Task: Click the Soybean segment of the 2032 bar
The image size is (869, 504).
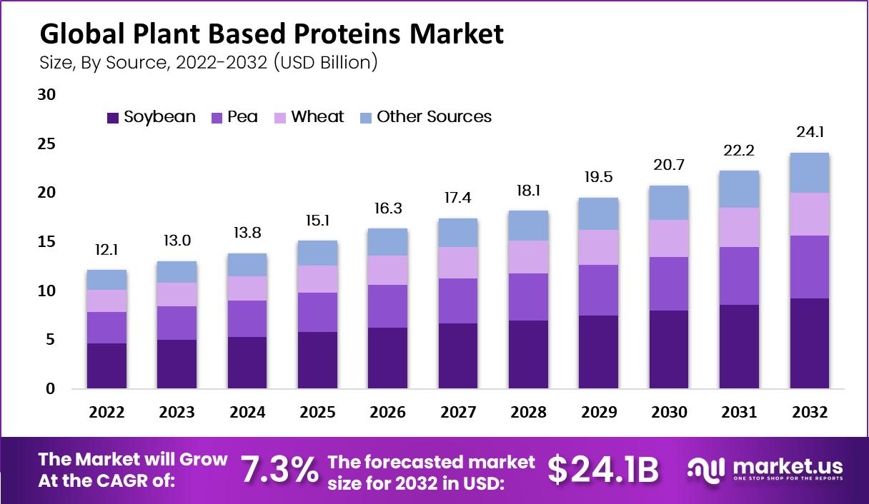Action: click(x=809, y=343)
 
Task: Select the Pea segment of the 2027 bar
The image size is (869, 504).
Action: click(x=458, y=301)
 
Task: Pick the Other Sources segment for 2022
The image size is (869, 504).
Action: click(x=106, y=280)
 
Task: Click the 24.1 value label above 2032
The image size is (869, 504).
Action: click(x=809, y=132)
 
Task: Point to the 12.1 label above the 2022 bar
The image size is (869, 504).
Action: click(x=106, y=250)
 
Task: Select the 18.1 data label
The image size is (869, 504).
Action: click(x=528, y=191)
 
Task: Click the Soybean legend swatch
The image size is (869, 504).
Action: click(x=113, y=118)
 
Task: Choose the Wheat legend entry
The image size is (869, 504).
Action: click(x=317, y=117)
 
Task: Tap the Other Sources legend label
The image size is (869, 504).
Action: click(x=434, y=117)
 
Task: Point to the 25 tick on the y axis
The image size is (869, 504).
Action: click(x=45, y=144)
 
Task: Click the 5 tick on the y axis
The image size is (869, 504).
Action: click(x=50, y=341)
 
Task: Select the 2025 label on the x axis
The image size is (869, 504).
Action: click(x=317, y=413)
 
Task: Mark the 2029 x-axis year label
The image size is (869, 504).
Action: click(x=599, y=413)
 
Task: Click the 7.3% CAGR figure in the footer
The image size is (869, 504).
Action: click(x=279, y=470)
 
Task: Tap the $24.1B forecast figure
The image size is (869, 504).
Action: click(x=602, y=470)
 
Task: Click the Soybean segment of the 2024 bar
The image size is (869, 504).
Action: click(x=247, y=363)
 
